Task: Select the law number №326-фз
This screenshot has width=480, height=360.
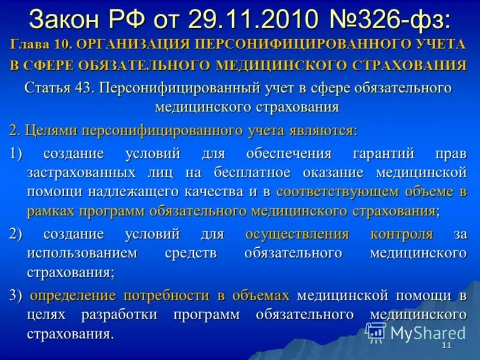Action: point(388,19)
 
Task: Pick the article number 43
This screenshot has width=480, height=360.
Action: point(84,88)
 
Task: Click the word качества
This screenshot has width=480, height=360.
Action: point(218,192)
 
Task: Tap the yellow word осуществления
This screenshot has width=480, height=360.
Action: point(297,234)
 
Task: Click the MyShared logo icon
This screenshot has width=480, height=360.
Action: point(376,332)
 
